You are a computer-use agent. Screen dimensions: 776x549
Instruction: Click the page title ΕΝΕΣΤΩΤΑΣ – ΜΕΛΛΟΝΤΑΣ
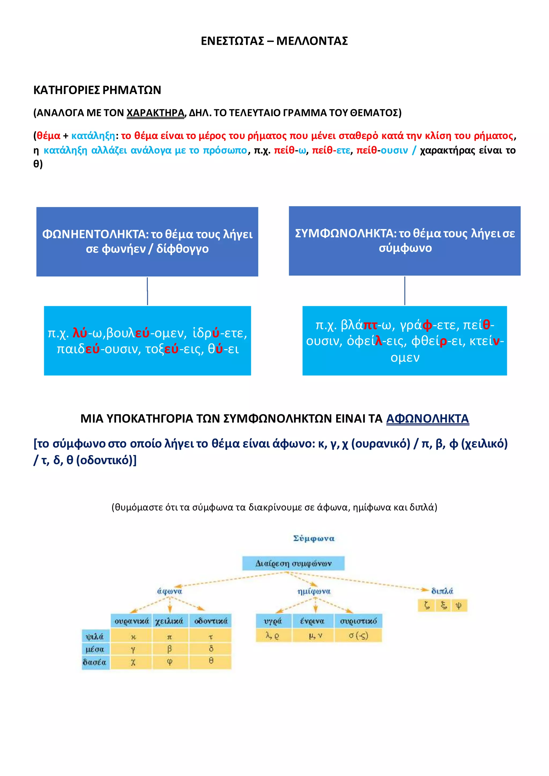point(274,41)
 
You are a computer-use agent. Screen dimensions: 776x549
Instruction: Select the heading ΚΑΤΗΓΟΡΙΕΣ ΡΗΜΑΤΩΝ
point(97,90)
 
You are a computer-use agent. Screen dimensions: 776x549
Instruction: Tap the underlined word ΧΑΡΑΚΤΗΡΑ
point(155,113)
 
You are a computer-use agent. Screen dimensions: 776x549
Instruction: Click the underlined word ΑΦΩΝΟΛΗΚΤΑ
point(427,419)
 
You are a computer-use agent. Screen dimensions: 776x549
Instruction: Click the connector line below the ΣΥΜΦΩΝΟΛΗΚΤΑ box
point(405,291)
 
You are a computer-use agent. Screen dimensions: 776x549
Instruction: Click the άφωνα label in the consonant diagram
point(170,591)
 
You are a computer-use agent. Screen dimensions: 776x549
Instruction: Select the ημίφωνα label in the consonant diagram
point(314,591)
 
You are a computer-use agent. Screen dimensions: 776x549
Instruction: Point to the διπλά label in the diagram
point(442,591)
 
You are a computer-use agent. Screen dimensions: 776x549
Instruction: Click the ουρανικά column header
point(132,621)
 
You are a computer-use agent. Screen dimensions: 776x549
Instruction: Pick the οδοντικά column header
point(211,621)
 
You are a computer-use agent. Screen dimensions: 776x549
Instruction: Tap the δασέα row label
point(95,662)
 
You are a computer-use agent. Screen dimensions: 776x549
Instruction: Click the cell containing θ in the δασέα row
point(211,661)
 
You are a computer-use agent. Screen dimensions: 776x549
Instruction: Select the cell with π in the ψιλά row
point(170,637)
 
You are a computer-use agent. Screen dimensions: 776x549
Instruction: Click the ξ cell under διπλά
point(443,605)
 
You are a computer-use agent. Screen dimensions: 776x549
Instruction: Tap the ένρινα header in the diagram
point(312,621)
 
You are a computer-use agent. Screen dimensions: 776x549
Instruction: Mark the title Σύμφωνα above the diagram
point(313,538)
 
